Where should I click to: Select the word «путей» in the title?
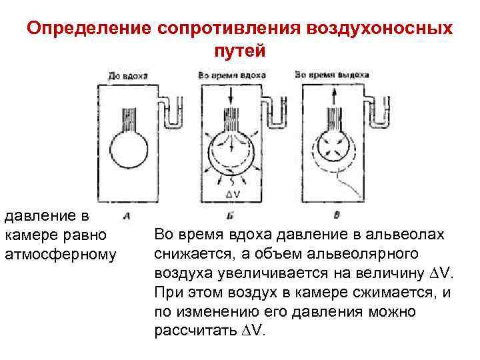[x=240, y=51]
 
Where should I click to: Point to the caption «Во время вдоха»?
[x=231, y=75]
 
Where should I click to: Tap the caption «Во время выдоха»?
[x=331, y=75]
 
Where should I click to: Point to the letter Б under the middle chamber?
[x=230, y=215]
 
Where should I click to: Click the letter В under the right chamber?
[x=335, y=215]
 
